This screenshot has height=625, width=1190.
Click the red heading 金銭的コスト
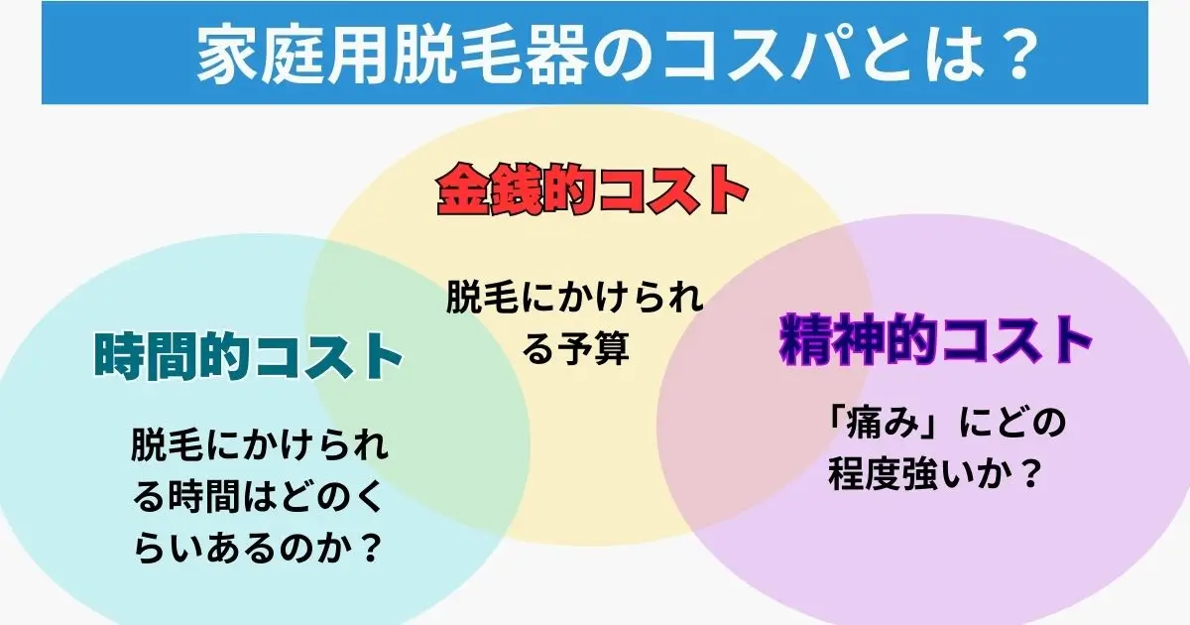tap(593, 190)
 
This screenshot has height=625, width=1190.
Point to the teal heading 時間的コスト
tap(248, 355)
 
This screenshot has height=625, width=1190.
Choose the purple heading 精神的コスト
tap(935, 339)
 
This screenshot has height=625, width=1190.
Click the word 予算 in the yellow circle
tap(602, 349)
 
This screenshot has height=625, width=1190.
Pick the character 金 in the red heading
tap(462, 190)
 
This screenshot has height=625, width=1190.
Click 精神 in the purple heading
tap(831, 339)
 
